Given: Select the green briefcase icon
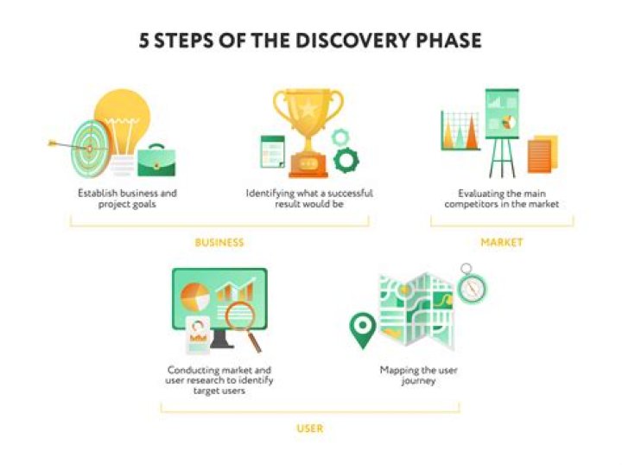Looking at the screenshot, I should tap(155, 160).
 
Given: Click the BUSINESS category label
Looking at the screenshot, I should tap(219, 243).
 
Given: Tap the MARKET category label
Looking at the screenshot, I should tap(502, 243).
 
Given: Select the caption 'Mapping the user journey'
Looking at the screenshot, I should tap(419, 375).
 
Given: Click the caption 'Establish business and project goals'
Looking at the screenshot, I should tap(126, 199).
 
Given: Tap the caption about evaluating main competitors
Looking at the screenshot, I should tap(502, 199).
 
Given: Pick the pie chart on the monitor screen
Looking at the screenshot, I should tap(194, 296).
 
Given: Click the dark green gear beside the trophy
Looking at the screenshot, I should tap(346, 159).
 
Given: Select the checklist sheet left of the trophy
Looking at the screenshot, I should tap(272, 152).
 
